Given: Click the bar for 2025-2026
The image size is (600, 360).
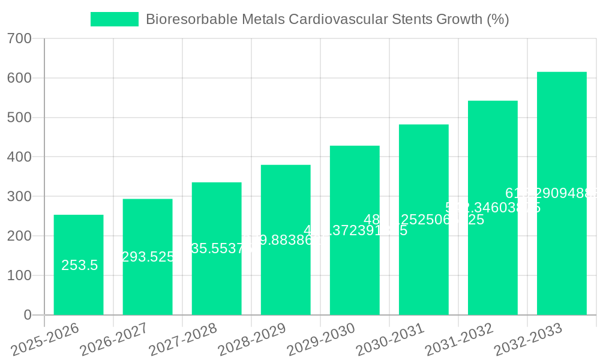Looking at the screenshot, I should (79, 265).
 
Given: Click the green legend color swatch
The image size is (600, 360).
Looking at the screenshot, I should (114, 19).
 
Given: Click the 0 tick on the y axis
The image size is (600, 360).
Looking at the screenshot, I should (27, 315).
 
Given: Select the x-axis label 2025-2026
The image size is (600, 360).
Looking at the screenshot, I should (45, 339).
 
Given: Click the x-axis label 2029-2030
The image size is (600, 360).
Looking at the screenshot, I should (321, 339).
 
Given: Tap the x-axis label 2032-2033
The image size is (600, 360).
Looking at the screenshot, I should (528, 339).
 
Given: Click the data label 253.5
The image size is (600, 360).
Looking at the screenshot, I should (79, 265).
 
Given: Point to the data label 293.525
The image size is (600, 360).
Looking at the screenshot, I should (148, 257).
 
